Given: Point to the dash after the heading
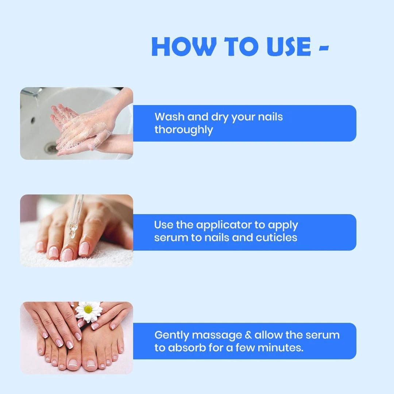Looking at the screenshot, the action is pyautogui.click(x=324, y=47).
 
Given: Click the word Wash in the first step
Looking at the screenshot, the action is pyautogui.click(x=169, y=117).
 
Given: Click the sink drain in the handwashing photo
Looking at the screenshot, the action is pyautogui.click(x=50, y=148).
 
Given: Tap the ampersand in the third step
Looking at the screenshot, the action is pyautogui.click(x=248, y=335).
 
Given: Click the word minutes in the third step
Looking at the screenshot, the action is pyautogui.click(x=281, y=348).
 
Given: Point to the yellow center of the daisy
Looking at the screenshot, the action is pyautogui.click(x=88, y=310).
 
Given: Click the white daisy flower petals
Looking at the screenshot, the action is pyautogui.click(x=88, y=312).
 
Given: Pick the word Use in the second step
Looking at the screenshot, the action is pyautogui.click(x=163, y=225).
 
